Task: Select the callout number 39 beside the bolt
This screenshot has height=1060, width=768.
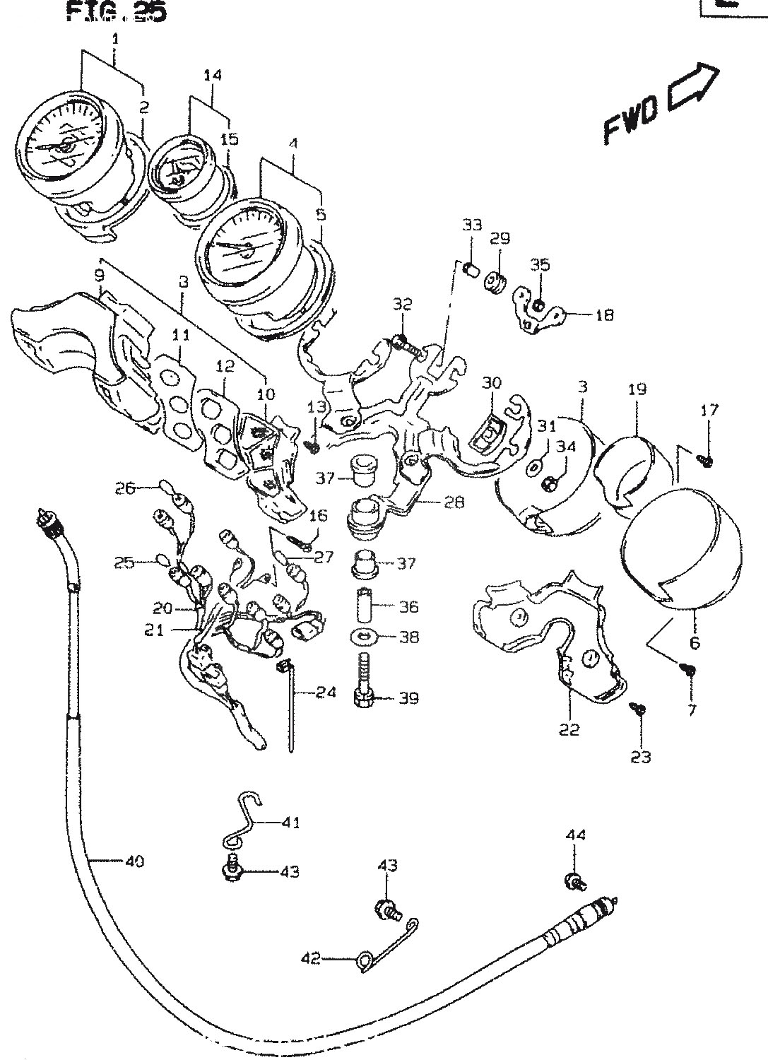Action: click(408, 698)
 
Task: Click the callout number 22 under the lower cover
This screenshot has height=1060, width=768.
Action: click(569, 730)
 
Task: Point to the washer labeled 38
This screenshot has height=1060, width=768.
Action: click(363, 637)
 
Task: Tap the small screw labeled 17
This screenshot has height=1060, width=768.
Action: click(705, 460)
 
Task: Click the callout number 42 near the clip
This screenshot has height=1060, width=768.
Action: click(310, 959)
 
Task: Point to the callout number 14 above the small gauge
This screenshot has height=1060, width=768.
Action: click(212, 75)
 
